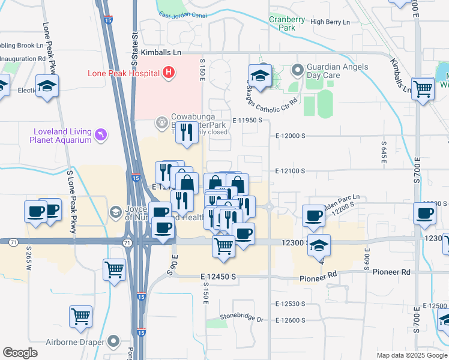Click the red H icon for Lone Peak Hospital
point(169,73)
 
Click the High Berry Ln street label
point(330,22)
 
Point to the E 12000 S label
point(291,136)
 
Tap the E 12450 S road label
point(218,277)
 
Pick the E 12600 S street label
point(291,320)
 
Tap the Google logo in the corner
point(20,353)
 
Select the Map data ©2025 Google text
point(412,355)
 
